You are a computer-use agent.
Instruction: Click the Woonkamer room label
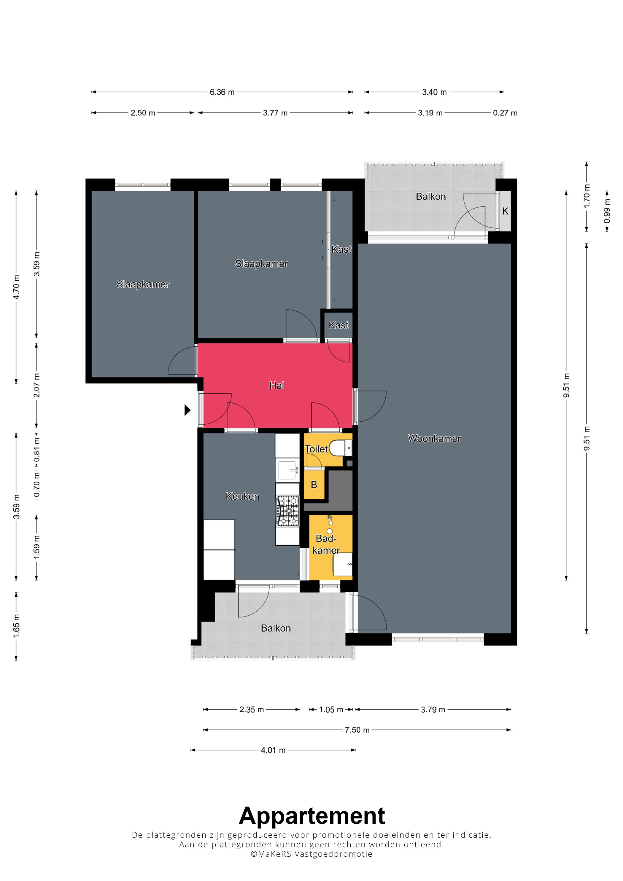click(434, 439)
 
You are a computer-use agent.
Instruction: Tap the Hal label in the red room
click(277, 385)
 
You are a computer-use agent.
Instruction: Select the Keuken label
click(242, 496)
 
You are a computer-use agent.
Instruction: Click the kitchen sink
click(288, 470)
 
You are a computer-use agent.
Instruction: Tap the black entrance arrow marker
click(187, 410)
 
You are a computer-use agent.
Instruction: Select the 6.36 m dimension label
click(222, 92)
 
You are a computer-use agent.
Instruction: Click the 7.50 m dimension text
click(357, 730)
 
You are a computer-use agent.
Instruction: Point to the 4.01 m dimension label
click(273, 750)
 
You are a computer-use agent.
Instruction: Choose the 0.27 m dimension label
click(505, 113)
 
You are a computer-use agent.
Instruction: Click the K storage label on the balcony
click(505, 211)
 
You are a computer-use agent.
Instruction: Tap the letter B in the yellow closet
click(314, 485)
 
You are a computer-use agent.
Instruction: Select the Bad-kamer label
click(326, 544)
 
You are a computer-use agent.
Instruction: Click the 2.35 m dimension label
click(252, 710)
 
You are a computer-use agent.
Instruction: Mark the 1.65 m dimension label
click(16, 626)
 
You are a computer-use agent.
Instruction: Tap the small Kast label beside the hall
click(338, 325)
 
